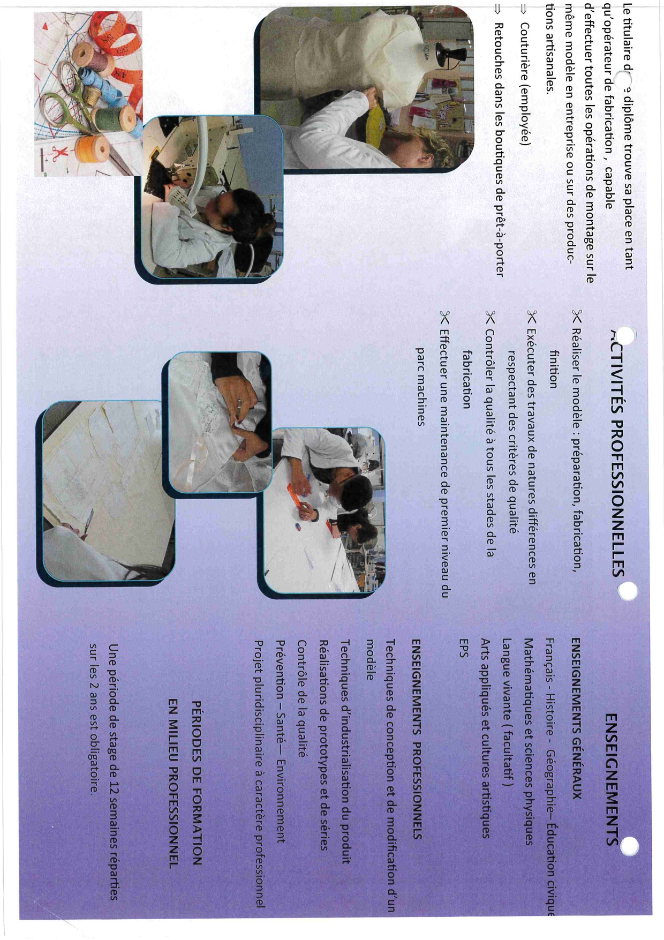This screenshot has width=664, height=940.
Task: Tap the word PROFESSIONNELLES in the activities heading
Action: pos(618,495)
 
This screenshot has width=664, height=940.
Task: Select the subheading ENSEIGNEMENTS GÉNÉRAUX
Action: pos(576,718)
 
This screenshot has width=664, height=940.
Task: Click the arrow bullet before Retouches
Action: pos(497,9)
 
